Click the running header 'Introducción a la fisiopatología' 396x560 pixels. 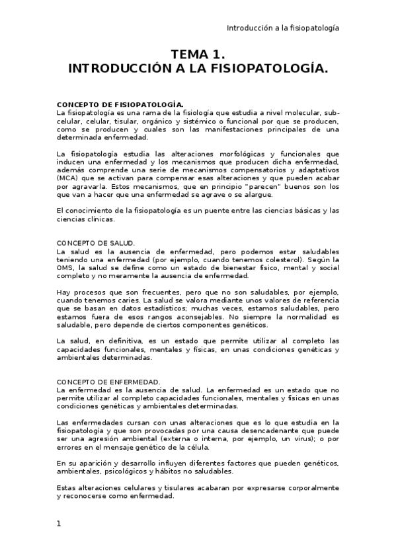(283, 28)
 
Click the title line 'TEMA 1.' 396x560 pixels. (198, 54)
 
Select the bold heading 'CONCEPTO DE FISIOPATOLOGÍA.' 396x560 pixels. (120, 104)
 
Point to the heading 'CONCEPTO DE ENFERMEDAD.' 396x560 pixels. (108, 382)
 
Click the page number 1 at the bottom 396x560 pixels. (59, 524)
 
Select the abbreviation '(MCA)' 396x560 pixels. (67, 178)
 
